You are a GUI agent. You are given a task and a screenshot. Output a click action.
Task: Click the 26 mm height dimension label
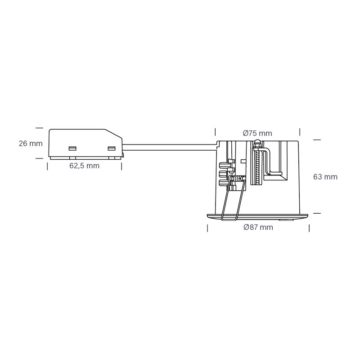(31, 144)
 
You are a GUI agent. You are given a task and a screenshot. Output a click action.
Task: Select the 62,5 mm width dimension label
(85, 166)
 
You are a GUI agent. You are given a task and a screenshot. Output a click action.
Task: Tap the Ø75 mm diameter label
(257, 133)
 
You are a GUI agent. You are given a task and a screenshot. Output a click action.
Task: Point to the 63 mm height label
(325, 177)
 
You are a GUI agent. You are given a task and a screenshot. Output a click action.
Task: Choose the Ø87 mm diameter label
(258, 227)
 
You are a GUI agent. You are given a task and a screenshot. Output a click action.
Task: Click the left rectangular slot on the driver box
(72, 148)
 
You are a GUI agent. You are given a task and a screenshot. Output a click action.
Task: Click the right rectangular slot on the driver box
(112, 148)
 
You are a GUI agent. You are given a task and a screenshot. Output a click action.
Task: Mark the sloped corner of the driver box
(113, 134)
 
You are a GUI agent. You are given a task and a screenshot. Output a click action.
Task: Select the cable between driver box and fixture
(170, 147)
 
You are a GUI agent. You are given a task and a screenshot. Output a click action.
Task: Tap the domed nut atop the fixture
(257, 142)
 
